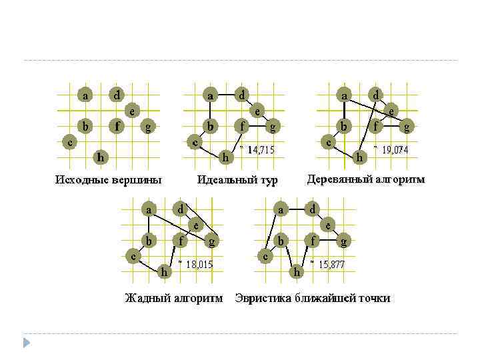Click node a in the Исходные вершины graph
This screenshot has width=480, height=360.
click(85, 95)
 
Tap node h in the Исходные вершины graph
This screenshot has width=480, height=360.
click(100, 157)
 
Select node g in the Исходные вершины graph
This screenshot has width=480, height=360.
click(148, 126)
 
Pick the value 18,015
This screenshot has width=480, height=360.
click(199, 264)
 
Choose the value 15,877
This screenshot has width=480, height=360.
click(331, 264)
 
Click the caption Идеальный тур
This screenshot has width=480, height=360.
click(237, 180)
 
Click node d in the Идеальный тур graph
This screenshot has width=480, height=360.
click(242, 95)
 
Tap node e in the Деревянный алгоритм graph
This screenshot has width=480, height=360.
click(391, 111)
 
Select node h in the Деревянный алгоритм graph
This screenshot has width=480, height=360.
click(359, 157)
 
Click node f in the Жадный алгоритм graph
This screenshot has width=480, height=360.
click(180, 240)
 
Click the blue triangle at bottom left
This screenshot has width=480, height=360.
click(27, 343)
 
